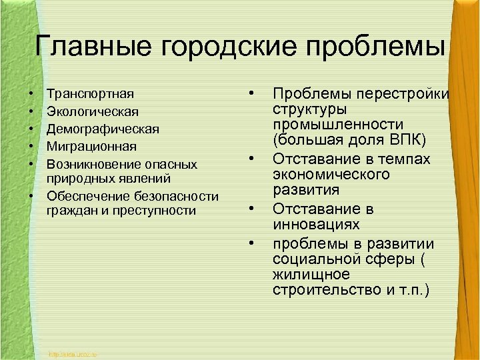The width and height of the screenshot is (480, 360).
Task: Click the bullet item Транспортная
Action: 91,93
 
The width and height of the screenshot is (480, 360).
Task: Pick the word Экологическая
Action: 93,111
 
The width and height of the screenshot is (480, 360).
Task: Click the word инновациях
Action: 316,225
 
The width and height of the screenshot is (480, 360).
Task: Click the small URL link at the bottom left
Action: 73,353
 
